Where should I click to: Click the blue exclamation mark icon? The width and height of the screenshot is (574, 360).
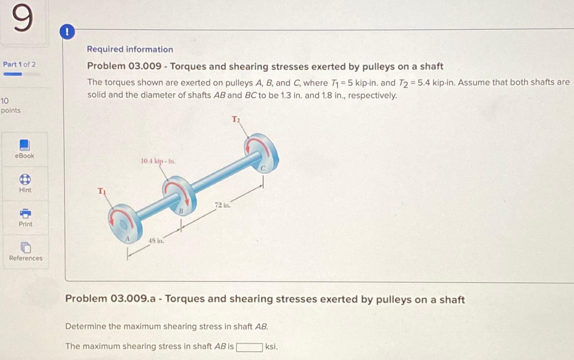(67, 31)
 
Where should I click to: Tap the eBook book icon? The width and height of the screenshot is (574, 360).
(25, 145)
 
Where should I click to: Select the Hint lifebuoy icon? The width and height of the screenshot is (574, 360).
(25, 179)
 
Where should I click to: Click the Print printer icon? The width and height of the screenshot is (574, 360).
(25, 213)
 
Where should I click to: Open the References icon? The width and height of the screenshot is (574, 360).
(26, 248)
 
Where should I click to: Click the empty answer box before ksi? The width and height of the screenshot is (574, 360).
(249, 347)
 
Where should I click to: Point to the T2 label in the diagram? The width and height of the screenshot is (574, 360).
(236, 119)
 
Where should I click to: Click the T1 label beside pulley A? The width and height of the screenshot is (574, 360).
(102, 191)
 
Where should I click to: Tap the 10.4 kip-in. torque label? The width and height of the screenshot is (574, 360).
(158, 161)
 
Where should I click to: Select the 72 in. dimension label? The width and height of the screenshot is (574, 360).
(222, 205)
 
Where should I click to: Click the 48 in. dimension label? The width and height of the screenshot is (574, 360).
(156, 241)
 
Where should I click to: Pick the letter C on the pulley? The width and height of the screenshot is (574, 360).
(263, 168)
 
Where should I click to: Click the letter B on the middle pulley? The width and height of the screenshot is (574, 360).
(181, 211)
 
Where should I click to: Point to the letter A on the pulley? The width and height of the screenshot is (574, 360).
(127, 239)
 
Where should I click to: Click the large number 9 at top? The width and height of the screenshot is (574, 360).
(22, 18)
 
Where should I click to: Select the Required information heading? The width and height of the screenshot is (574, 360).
(130, 49)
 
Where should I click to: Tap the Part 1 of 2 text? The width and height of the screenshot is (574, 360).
(19, 64)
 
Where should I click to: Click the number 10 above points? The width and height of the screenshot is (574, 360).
(5, 101)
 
